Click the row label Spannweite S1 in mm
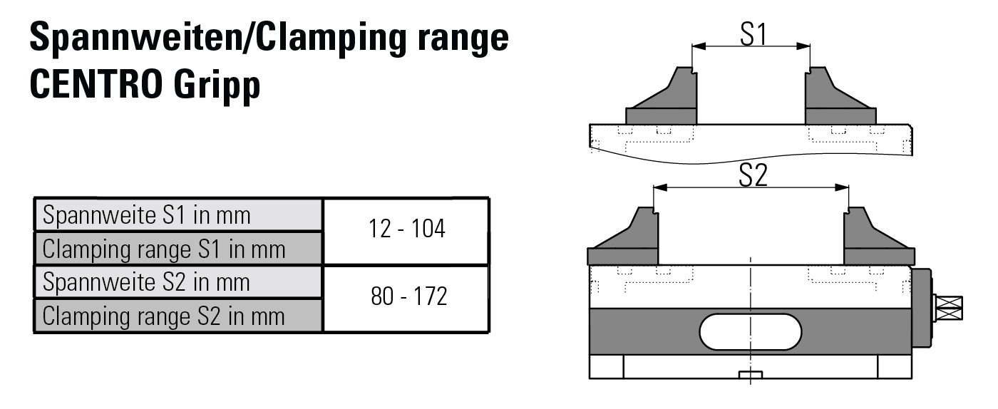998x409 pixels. coord(147,215)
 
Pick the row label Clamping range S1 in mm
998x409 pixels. coord(164,249)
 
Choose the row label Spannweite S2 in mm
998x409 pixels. coord(147,282)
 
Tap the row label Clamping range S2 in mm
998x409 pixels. coord(164,316)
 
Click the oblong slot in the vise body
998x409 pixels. coord(751,332)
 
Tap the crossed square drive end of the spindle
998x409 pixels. coord(950,308)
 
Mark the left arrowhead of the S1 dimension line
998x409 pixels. coord(698,46)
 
